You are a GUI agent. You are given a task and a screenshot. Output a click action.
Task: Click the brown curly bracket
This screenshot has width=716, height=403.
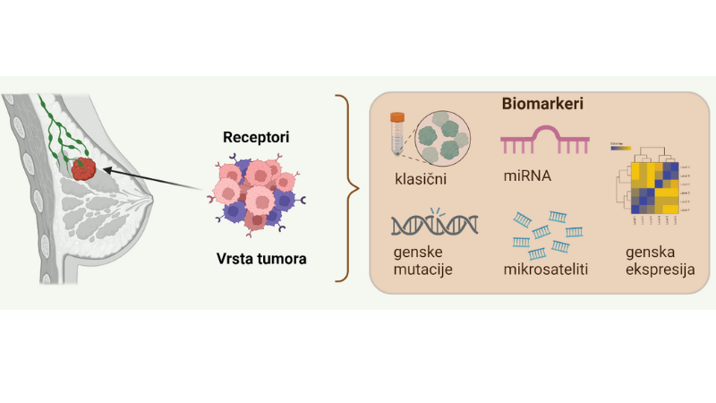[x=345, y=188]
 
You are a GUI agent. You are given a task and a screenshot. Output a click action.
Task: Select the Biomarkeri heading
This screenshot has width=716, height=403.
[x=542, y=105]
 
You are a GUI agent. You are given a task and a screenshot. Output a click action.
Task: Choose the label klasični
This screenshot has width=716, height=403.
[x=422, y=177]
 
